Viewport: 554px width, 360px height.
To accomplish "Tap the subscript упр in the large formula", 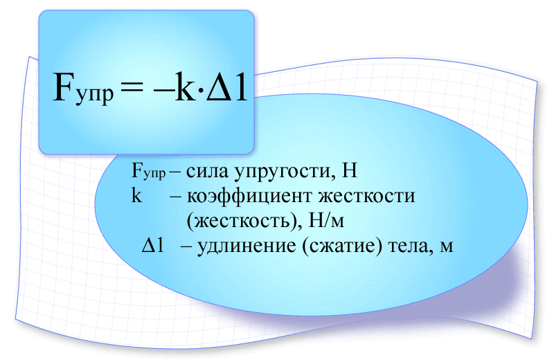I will [x=93, y=95].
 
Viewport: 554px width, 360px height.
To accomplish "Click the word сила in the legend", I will [x=206, y=171].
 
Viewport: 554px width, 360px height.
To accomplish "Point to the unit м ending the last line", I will [x=446, y=247].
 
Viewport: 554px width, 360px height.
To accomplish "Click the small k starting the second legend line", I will [x=136, y=196].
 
